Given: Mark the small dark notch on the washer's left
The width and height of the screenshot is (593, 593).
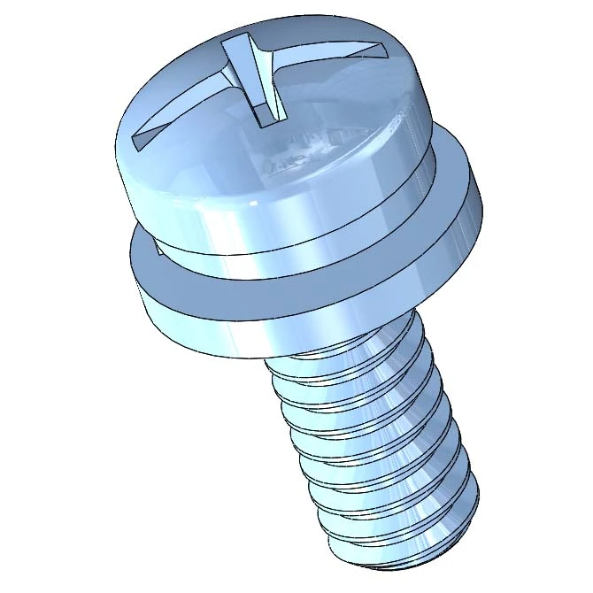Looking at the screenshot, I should coord(152,250).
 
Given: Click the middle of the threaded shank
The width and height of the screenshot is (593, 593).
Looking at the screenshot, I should coord(372,443).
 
